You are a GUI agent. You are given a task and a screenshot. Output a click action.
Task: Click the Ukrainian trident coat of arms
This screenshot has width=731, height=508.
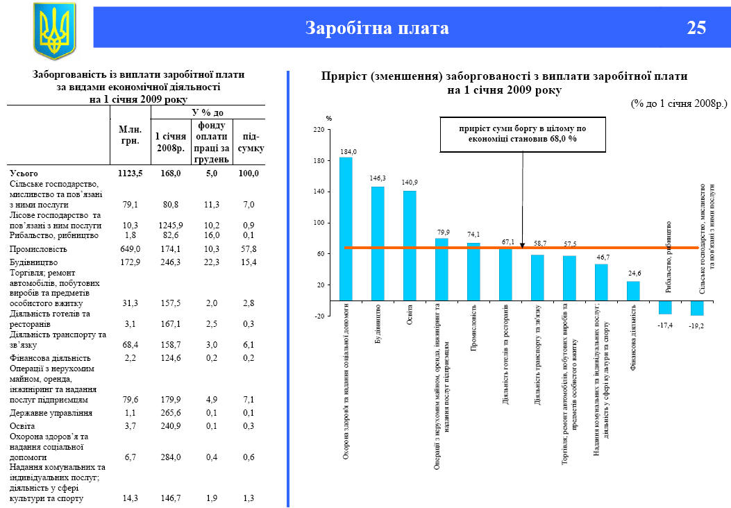tap(54, 30)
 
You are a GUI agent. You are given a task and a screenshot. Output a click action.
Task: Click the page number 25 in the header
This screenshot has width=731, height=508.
tap(696, 28)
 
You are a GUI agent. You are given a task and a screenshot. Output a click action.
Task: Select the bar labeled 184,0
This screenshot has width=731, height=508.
tap(346, 229)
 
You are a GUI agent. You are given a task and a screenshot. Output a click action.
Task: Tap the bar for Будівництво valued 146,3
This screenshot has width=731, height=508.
tap(378, 243)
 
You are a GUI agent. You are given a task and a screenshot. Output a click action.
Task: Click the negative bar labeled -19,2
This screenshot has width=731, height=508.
tap(697, 307)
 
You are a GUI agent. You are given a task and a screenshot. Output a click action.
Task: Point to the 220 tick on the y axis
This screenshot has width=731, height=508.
tap(319, 130)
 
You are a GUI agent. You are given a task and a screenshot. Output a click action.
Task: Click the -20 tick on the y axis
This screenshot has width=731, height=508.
tap(319, 316)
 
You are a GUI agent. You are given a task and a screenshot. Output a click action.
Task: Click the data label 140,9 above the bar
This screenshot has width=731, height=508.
tap(410, 183)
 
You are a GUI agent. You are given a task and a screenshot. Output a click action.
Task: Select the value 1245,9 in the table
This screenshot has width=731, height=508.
tap(169, 226)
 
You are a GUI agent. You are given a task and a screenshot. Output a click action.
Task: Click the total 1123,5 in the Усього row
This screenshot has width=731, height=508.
tap(130, 173)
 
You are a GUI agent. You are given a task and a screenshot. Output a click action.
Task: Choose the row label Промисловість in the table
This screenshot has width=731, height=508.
tap(38, 248)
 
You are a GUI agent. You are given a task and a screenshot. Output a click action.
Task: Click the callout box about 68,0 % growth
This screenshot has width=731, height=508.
tap(523, 133)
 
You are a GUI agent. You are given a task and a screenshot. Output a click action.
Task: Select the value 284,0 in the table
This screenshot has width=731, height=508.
tap(169, 457)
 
